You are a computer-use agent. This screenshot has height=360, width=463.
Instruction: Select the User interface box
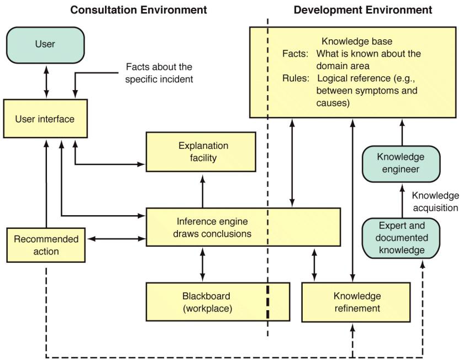pyautogui.click(x=45, y=119)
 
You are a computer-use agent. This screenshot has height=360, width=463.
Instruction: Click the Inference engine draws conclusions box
pyautogui.click(x=242, y=227)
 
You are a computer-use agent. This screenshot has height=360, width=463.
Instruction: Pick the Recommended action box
pyautogui.click(x=46, y=245)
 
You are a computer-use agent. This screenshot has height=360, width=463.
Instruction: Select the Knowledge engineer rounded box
pyautogui.click(x=401, y=163)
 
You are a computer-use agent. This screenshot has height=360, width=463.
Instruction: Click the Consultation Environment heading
pyautogui.click(x=139, y=10)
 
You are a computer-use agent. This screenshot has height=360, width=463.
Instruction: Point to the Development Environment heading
pyautogui.click(x=363, y=10)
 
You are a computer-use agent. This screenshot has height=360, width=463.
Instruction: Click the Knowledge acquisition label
pyautogui.click(x=435, y=201)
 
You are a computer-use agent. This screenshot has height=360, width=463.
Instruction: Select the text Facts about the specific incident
pyautogui.click(x=159, y=73)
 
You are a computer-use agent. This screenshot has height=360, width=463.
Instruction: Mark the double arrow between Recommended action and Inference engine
pyautogui.click(x=115, y=239)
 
